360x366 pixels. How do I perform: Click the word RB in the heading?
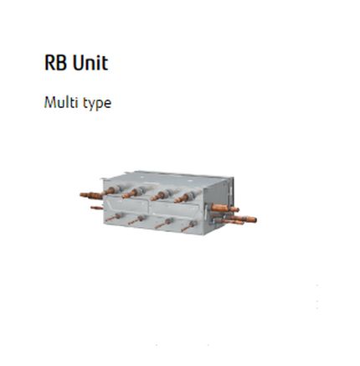coord(56,63)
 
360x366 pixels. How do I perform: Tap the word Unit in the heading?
coord(90,63)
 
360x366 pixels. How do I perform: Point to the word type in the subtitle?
coord(97,104)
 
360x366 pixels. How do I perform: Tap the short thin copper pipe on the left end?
coord(96,208)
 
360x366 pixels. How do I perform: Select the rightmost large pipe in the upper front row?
coord(185,198)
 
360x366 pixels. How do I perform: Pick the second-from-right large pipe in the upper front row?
coord(161,196)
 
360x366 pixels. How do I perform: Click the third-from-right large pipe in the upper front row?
coord(132,193)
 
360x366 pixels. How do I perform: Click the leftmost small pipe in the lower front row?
coord(114,217)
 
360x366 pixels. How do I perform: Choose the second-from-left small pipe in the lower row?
coord(136,220)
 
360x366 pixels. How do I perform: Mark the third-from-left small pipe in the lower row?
coord(163,224)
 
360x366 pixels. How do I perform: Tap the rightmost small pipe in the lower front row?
coord(189,226)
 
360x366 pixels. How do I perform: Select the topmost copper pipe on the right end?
coord(224,208)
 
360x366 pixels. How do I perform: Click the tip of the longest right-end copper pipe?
coord(255,219)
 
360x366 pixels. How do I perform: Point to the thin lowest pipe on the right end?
coord(229,222)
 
